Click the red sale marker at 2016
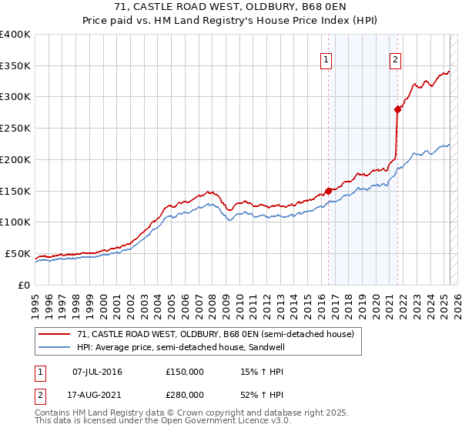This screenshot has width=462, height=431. [329, 190]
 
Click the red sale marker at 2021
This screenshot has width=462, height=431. [398, 109]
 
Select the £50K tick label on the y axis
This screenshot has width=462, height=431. [18, 253]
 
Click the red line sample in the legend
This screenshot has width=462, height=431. [54, 335]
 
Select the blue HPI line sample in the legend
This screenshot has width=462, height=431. [54, 347]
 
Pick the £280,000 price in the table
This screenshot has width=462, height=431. [185, 395]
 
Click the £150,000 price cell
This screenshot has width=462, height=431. [185, 372]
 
